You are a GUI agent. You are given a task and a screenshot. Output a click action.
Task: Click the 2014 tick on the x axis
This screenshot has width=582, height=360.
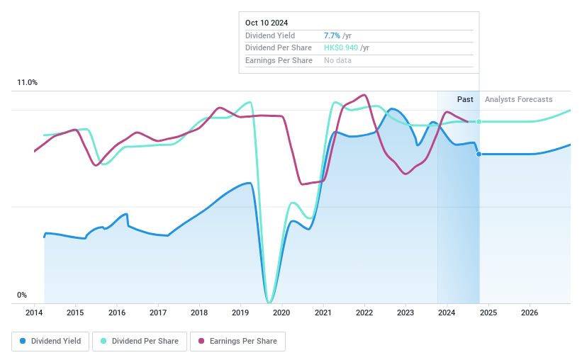[34, 313]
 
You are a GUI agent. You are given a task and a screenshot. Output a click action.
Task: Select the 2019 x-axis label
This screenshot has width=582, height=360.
[240, 313]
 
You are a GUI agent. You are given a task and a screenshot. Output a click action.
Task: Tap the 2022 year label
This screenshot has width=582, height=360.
[364, 313]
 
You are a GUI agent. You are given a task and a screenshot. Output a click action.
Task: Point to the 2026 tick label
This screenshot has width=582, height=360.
[529, 313]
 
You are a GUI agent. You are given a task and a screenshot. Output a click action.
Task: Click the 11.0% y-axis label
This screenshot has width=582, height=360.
[27, 83]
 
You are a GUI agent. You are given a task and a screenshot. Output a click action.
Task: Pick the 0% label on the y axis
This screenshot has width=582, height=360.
[22, 295]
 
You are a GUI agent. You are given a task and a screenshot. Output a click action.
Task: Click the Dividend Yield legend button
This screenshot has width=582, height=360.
[50, 341]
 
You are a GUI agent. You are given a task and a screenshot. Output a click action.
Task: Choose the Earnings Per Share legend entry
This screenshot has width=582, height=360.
[237, 341]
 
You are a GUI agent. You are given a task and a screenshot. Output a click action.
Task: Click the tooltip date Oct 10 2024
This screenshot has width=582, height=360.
[267, 23]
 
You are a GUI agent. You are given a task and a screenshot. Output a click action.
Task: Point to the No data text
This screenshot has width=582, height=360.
[337, 60]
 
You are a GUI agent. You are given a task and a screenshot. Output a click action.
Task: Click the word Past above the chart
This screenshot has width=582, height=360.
[465, 99]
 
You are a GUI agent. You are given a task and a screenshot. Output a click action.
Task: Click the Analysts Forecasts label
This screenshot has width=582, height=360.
[518, 99]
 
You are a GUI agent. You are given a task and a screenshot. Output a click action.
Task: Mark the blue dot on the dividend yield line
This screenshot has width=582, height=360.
[479, 154]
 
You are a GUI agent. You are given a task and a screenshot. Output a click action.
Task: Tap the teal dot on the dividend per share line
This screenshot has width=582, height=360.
[479, 122]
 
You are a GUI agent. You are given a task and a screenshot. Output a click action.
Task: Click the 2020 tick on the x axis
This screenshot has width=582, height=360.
[281, 313]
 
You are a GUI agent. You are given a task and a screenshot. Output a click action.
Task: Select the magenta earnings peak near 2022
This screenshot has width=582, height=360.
[364, 95]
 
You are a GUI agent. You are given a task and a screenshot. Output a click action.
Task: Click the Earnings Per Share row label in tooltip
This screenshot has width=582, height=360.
[279, 60]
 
